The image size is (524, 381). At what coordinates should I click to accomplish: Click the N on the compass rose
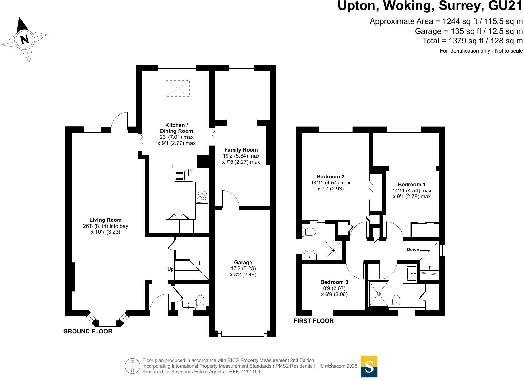pos(24,39)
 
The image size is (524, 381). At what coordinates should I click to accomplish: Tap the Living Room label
pos(105,220)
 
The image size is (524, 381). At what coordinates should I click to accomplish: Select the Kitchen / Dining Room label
pos(176,128)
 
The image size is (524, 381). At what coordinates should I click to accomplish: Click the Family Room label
pos(241,150)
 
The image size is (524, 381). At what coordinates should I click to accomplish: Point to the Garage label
pos(243,262)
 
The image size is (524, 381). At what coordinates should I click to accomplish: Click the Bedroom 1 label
pos(412,184)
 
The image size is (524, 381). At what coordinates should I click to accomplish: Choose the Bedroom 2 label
pos(331,176)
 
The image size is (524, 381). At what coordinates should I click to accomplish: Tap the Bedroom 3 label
pos(334,282)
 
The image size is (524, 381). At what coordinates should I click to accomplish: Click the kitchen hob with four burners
pos(202,197)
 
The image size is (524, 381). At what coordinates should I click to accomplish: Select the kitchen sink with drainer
pos(184,175)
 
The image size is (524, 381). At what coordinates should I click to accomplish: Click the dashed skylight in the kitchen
pos(178,88)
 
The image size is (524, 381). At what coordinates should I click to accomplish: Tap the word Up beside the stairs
pos(171,269)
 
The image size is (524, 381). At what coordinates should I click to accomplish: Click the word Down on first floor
pos(413,250)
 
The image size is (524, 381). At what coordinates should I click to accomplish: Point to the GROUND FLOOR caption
pos(88,331)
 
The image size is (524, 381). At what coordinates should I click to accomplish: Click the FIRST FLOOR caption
pos(314,321)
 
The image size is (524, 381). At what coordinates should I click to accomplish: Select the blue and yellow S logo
pos(369,367)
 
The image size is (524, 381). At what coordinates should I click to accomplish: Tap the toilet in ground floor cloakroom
pos(200,302)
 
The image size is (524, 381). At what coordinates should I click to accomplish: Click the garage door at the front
pos(243,333)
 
